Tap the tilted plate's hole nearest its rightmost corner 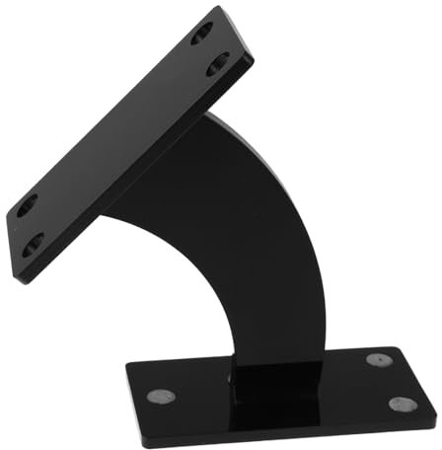[217, 66]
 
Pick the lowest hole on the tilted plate [33, 240]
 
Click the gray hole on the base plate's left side [161, 396]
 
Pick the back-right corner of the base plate [397, 346]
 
